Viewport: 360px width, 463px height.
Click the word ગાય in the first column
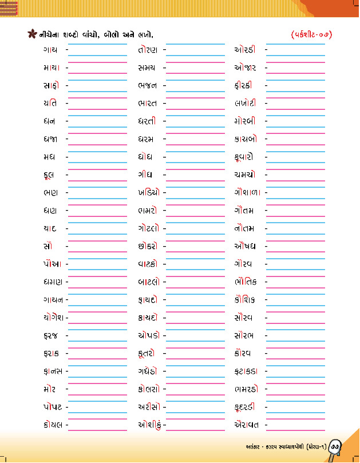pos(50,50)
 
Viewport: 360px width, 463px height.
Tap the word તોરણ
pos(149,50)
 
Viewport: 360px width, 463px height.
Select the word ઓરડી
pos(246,50)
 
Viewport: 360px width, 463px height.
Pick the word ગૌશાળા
pos(247,192)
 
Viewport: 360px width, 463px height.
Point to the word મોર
pos(49,389)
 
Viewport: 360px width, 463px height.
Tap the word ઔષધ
pos(245,246)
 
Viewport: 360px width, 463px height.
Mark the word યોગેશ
pos(53,317)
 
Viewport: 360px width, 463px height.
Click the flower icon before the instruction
pos(32,33)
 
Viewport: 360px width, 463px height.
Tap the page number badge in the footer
pos(336,446)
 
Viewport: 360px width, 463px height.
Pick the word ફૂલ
pos(49,174)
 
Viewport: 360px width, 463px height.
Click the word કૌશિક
pos(246,299)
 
